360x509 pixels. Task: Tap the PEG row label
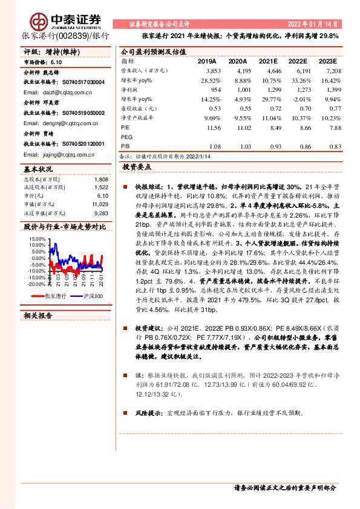coord(127,137)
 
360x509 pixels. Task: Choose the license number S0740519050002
coord(79,112)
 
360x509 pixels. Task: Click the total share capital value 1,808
coord(102,180)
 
